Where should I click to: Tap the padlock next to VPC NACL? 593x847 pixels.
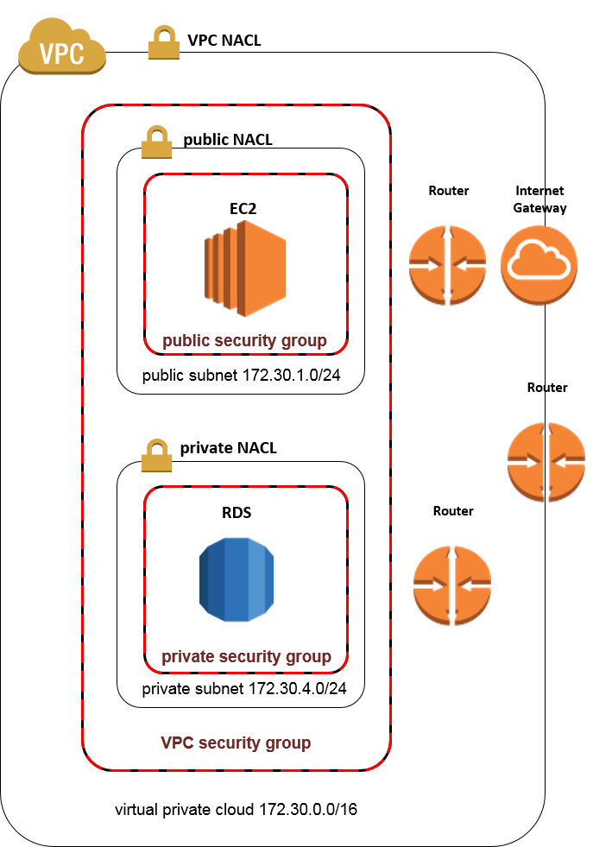point(163,43)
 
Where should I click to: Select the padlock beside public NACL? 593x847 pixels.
point(156,142)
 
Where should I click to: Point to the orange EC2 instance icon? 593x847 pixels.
point(245,269)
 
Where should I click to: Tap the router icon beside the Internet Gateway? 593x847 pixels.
point(447,264)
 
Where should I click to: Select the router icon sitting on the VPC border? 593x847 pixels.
point(545,461)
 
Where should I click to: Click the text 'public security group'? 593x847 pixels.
point(245,341)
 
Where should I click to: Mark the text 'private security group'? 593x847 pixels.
point(246,657)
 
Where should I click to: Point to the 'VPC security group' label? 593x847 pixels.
point(236,743)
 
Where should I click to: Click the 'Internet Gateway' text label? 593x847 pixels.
point(540,199)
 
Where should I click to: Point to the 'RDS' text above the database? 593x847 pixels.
point(237,513)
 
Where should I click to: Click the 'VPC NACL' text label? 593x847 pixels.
point(224,40)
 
